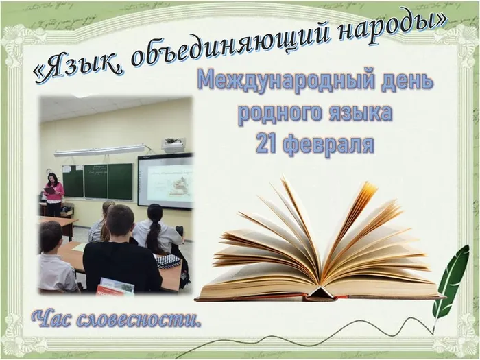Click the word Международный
[286, 80]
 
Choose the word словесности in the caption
[139, 320]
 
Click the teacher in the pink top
[54, 194]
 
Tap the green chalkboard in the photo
[97, 181]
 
